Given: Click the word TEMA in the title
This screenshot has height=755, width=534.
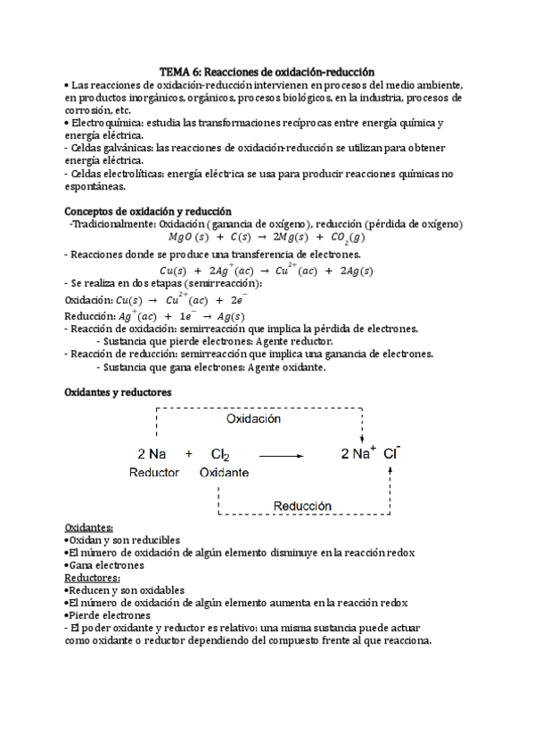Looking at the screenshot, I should (175, 69).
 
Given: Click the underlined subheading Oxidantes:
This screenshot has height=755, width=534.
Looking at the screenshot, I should (89, 527).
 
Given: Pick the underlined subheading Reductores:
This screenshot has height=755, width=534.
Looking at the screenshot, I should (93, 577).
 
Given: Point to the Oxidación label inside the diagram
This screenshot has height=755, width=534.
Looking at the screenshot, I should (252, 418).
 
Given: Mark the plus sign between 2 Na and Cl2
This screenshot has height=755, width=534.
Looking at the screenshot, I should (189, 454).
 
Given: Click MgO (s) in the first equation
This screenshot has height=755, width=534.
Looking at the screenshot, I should (187, 238).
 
